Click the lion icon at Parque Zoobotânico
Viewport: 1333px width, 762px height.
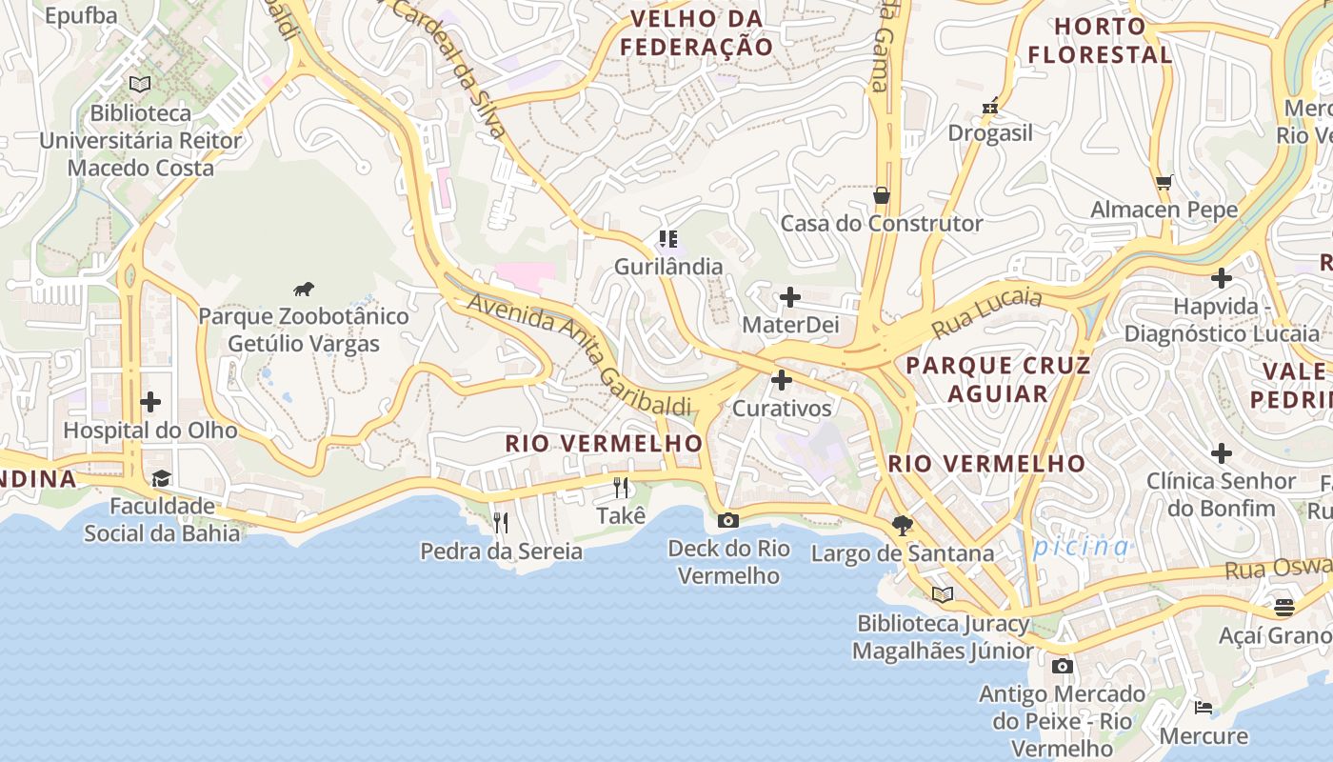pos(304,290)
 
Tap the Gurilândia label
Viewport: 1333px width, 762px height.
pos(667,267)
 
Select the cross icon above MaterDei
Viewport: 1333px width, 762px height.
pos(789,297)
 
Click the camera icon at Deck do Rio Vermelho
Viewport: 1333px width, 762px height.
pos(728,520)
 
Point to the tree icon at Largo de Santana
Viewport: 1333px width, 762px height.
pos(903,524)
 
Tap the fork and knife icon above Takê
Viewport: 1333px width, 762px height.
pos(621,488)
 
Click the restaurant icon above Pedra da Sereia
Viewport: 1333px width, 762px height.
pos(501,522)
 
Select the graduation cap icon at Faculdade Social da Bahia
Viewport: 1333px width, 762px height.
pos(161,478)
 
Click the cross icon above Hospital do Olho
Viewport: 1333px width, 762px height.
pos(149,402)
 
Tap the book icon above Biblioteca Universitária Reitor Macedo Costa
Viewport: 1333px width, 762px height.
pos(140,85)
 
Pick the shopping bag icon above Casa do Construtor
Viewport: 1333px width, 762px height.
pos(882,195)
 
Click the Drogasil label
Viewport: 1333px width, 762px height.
pos(990,133)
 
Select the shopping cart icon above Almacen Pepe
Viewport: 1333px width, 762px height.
pos(1164,182)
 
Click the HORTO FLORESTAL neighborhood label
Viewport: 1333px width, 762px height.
pos(1100,41)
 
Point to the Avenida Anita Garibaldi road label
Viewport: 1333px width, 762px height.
pos(580,354)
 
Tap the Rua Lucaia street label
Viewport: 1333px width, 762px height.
pos(986,312)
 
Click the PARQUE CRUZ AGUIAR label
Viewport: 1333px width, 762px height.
pos(998,379)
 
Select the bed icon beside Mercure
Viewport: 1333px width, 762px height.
pos(1204,708)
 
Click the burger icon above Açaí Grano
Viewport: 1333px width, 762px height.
pos(1283,607)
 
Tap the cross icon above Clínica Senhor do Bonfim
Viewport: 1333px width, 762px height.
pos(1222,453)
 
